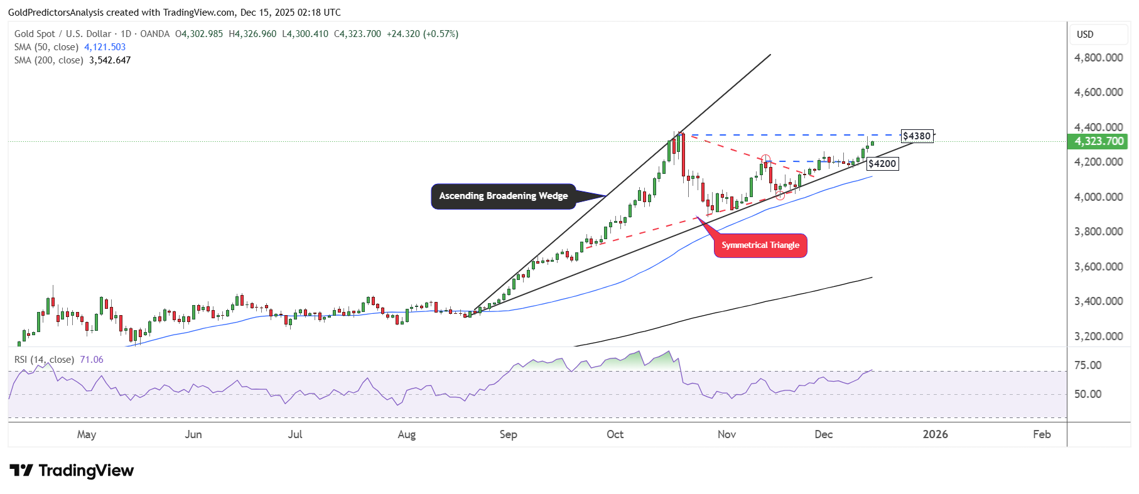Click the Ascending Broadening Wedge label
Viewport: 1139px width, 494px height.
(503, 196)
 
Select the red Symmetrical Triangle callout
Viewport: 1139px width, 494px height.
(760, 245)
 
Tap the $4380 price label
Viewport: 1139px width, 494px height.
(917, 136)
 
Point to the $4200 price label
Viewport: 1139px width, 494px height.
(882, 164)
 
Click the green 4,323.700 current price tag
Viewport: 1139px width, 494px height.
(1098, 141)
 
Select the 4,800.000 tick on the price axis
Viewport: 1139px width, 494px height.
(1098, 58)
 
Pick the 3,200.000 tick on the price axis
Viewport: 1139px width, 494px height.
(1098, 336)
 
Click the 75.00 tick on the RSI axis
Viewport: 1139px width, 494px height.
(1088, 365)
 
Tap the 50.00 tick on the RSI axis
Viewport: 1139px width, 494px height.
(1088, 394)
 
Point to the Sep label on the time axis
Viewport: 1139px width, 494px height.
(508, 434)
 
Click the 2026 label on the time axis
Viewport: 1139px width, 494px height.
(935, 434)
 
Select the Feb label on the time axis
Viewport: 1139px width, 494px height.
(1042, 434)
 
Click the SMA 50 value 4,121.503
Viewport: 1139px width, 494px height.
(105, 47)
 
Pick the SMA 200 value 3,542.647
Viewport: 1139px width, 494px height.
(110, 60)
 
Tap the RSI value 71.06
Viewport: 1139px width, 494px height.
(92, 360)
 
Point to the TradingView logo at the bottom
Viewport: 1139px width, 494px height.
(72, 471)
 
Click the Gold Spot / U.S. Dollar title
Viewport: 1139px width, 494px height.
(63, 34)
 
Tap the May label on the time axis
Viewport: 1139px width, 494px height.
(87, 434)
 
